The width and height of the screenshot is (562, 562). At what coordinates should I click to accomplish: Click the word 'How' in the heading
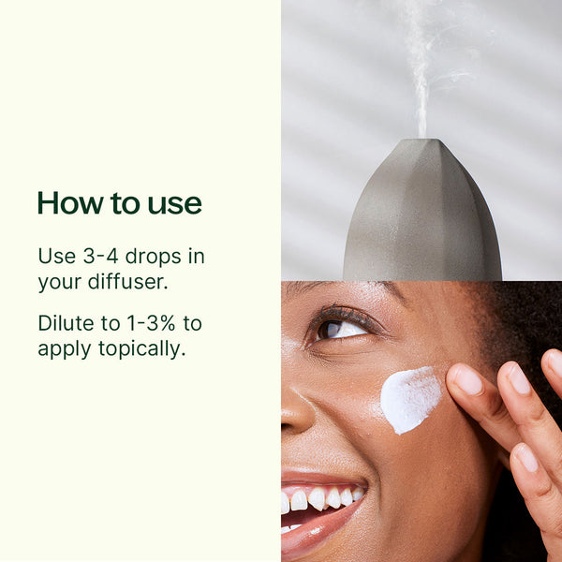point(70,203)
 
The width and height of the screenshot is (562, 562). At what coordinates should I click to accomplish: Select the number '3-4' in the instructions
point(101,257)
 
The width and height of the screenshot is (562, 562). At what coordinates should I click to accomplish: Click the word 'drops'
point(154,257)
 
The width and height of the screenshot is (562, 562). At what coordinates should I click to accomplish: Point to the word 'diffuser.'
point(128,282)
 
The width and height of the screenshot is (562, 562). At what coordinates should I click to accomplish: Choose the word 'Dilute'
point(67,323)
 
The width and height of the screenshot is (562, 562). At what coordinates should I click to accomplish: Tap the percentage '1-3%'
point(151,323)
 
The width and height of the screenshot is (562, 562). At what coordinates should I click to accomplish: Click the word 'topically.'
point(142,349)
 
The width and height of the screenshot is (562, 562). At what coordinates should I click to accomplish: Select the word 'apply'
point(65,350)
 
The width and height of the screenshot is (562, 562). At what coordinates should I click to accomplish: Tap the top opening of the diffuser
point(424,140)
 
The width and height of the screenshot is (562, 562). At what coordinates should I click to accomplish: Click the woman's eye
point(341,329)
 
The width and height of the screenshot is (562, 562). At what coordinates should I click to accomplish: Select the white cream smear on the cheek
point(409,399)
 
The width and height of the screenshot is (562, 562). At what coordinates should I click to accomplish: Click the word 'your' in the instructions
point(60,283)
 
